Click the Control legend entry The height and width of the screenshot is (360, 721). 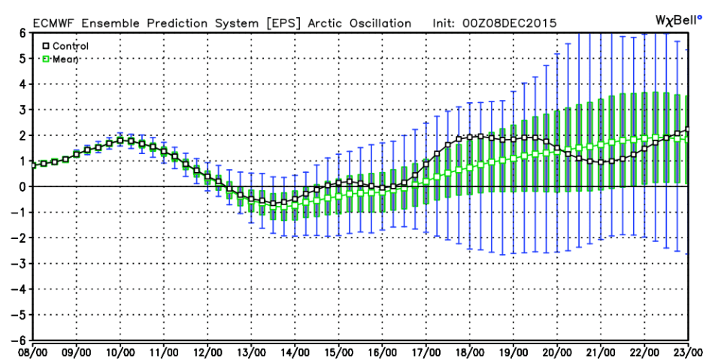click(66, 46)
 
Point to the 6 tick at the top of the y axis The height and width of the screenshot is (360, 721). click(23, 32)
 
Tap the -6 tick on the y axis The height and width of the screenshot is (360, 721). click(20, 340)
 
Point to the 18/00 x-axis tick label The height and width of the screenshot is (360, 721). click(470, 351)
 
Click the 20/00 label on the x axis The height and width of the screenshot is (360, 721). click(557, 351)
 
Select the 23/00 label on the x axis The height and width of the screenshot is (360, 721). click(688, 351)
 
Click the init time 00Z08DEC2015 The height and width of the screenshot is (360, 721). click(517, 23)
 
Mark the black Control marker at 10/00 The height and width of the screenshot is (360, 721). click(120, 141)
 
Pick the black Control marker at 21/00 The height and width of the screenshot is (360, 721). click(601, 162)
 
